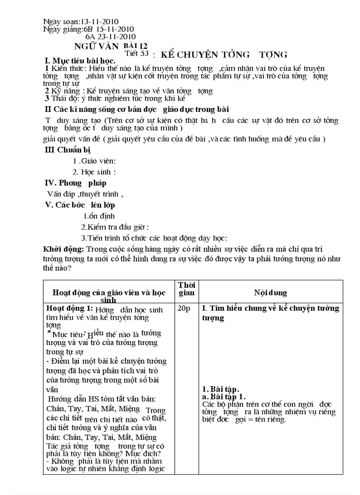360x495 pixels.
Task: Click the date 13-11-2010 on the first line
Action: pos(99,22)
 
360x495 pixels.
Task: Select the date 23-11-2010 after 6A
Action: pos(116,37)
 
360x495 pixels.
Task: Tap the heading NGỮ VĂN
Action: pos(96,46)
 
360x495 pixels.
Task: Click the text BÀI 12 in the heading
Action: pos(135,46)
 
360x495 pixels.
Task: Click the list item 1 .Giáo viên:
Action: pos(94,161)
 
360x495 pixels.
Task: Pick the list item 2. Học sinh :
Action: pos(94,172)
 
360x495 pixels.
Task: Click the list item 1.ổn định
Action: pos(99,216)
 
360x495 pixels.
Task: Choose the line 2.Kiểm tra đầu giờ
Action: pos(115,227)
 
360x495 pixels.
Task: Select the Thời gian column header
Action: pos(186,289)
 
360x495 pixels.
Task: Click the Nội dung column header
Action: pos(270,293)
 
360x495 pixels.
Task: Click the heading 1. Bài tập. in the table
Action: pos(220,389)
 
